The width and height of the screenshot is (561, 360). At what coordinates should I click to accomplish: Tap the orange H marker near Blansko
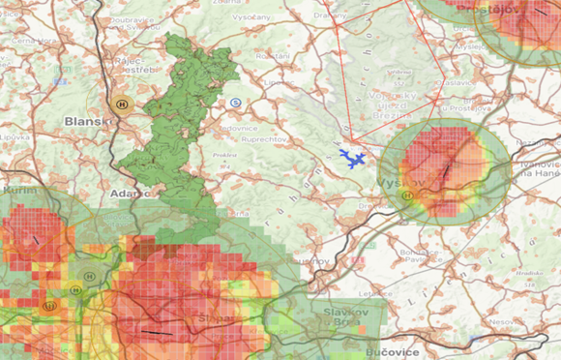click(x=122, y=103)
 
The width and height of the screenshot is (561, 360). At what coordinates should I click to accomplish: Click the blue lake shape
click(x=352, y=157)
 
